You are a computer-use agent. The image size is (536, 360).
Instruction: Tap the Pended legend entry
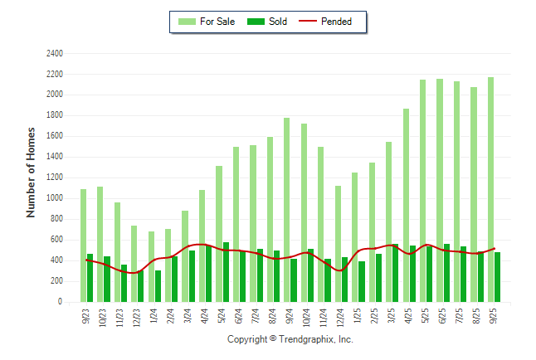click(329, 22)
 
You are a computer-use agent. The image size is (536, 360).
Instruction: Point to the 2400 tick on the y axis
click(55, 53)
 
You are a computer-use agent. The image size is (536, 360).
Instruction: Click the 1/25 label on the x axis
click(355, 316)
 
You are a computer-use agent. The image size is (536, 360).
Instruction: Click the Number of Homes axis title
click(31, 173)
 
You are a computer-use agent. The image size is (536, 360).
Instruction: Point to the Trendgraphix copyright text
click(290, 339)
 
